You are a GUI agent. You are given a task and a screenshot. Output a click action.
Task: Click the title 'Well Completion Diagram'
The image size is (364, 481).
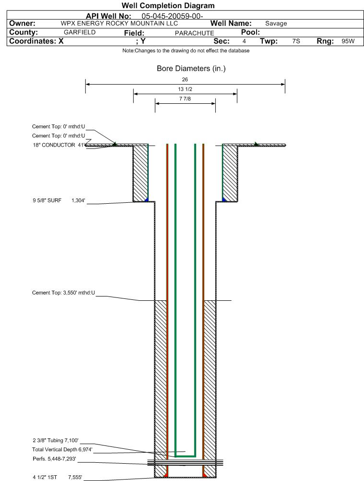[168, 6]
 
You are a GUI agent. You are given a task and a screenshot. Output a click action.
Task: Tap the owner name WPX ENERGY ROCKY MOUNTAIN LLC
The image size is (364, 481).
[119, 24]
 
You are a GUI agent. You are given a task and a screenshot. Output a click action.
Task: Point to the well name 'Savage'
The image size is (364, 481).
[276, 24]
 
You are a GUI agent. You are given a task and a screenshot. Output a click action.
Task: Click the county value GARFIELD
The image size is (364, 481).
[80, 32]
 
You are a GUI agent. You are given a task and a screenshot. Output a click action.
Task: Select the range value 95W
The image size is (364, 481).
[348, 41]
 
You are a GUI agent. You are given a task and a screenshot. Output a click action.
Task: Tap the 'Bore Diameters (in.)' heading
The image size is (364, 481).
[191, 69]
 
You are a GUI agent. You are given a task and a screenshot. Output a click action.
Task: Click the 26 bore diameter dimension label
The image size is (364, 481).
[185, 79]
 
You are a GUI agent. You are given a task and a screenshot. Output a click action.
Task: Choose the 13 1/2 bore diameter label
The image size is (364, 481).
[185, 89]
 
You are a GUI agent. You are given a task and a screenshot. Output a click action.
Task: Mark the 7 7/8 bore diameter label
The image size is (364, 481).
[185, 99]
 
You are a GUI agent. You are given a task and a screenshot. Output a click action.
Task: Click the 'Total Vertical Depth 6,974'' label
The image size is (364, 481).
[62, 449]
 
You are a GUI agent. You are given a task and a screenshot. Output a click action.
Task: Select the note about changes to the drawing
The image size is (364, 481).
[186, 51]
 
